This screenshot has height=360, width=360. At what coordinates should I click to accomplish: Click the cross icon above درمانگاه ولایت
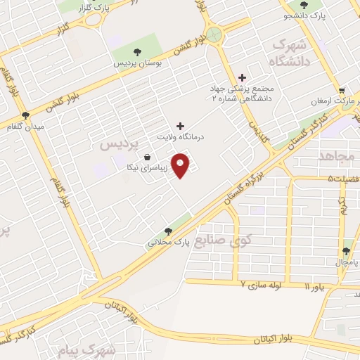[181, 127]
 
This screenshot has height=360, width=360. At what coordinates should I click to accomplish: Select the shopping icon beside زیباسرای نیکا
[146, 157]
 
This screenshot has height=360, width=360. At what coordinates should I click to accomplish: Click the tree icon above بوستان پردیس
[137, 51]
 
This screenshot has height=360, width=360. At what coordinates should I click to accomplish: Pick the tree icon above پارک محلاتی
[167, 231]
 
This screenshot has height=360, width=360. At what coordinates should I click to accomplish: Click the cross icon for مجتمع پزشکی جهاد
[243, 77]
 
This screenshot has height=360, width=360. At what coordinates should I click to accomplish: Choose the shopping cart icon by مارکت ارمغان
[342, 90]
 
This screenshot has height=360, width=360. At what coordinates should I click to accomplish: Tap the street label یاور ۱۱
[316, 288]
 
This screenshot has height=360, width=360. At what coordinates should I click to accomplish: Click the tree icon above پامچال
[347, 250]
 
